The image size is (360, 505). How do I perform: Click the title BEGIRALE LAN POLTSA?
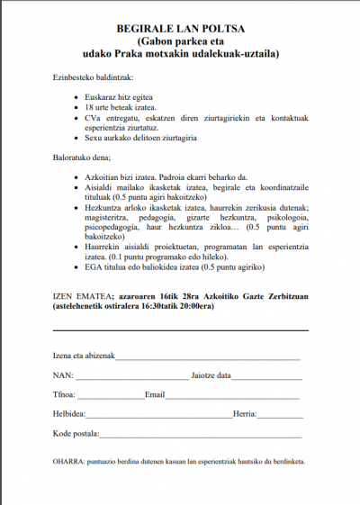point(179,29)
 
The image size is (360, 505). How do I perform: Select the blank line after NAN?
point(130,376)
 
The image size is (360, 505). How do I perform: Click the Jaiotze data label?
point(211,375)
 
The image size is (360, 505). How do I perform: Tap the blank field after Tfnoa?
point(112,396)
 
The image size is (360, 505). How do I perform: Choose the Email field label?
point(155,395)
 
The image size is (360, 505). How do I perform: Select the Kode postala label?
point(76,434)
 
